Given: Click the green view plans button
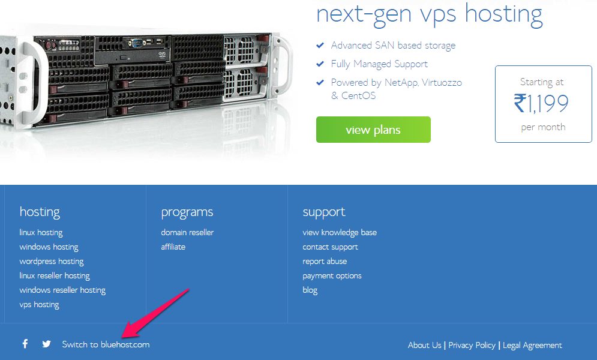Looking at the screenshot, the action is pyautogui.click(x=373, y=130).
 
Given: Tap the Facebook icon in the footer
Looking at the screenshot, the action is pyautogui.click(x=25, y=344).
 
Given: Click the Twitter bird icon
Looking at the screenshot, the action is pyautogui.click(x=47, y=344).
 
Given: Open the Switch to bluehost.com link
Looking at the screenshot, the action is pyautogui.click(x=106, y=344).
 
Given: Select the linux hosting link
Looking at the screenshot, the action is pyautogui.click(x=41, y=232).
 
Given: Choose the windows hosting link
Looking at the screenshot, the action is pyautogui.click(x=49, y=247).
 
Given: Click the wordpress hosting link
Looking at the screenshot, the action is pyautogui.click(x=52, y=261).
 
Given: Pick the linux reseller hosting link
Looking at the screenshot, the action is pyautogui.click(x=55, y=275).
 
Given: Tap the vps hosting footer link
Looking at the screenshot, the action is pyautogui.click(x=39, y=304).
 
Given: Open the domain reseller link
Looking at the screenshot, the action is pyautogui.click(x=187, y=232).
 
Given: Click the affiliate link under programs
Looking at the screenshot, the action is pyautogui.click(x=173, y=247).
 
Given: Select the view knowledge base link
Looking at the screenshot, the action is pyautogui.click(x=340, y=232).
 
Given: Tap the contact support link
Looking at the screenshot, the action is pyautogui.click(x=330, y=247).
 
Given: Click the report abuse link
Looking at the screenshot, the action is pyautogui.click(x=325, y=261).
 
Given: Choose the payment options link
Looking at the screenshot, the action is pyautogui.click(x=332, y=275).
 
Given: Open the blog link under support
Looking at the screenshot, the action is pyautogui.click(x=310, y=290).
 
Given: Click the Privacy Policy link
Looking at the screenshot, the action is pyautogui.click(x=472, y=345).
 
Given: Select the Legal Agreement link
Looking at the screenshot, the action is pyautogui.click(x=532, y=345).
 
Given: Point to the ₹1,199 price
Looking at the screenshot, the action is pyautogui.click(x=541, y=104).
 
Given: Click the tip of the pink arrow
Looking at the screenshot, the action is pyautogui.click(x=124, y=337).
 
